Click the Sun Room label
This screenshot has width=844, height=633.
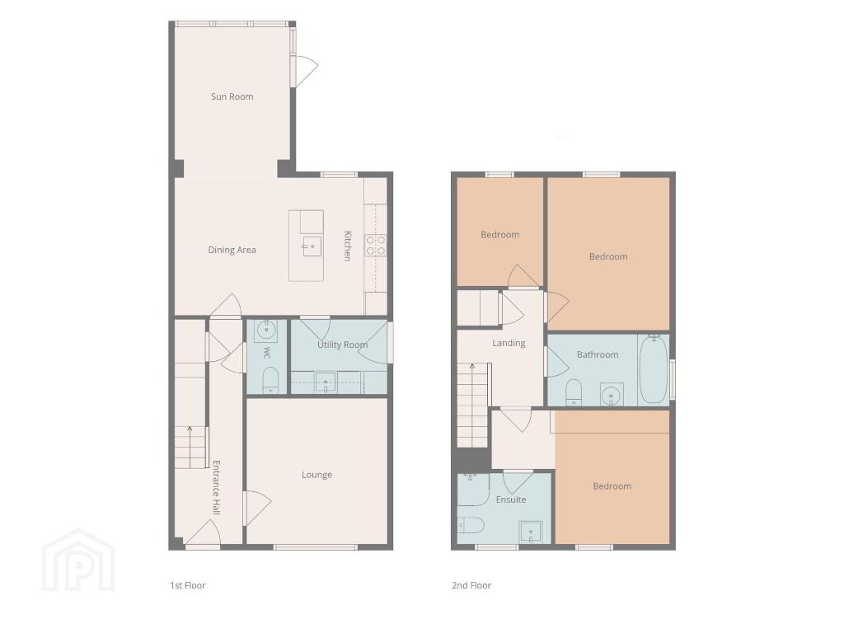[232, 97]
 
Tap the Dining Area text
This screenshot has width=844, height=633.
[232, 250]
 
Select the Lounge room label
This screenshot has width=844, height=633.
[316, 475]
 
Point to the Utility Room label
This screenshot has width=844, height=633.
[342, 345]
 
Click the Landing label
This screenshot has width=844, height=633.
[509, 343]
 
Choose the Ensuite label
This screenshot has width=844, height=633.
[511, 499]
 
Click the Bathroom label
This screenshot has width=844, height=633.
[598, 354]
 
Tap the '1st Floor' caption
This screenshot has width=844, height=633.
[188, 585]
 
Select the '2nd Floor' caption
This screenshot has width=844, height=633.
[471, 585]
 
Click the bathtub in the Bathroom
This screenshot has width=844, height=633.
[654, 370]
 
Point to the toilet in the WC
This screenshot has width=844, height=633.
[270, 380]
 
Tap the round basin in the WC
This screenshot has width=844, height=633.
[266, 330]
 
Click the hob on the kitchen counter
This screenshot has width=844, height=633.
[376, 245]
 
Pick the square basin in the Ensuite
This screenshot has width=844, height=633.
[531, 532]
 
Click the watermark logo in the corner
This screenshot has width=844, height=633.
[78, 560]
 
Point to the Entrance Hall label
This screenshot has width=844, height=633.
[217, 487]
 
